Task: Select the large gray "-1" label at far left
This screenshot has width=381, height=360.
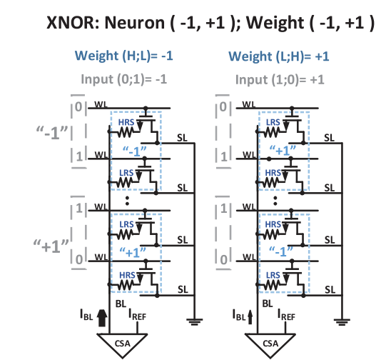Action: tap(52, 133)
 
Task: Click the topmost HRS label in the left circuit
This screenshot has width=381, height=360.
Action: tap(125, 121)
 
